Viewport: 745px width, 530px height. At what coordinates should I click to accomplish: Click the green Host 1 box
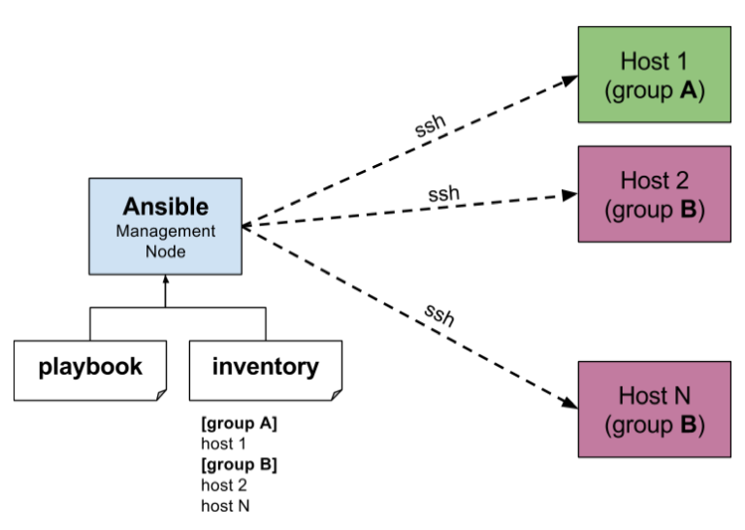coord(654,76)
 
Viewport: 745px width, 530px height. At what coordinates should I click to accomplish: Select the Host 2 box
coord(654,194)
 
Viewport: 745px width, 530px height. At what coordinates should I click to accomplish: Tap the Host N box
coord(654,410)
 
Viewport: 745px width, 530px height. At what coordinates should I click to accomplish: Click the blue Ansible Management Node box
coord(165,226)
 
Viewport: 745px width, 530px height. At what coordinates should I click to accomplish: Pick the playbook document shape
coord(90,369)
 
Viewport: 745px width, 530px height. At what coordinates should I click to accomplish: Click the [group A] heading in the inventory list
coord(239,424)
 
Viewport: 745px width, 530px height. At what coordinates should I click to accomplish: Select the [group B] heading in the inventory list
coord(239,464)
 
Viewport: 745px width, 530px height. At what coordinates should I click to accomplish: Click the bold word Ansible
coord(165,207)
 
